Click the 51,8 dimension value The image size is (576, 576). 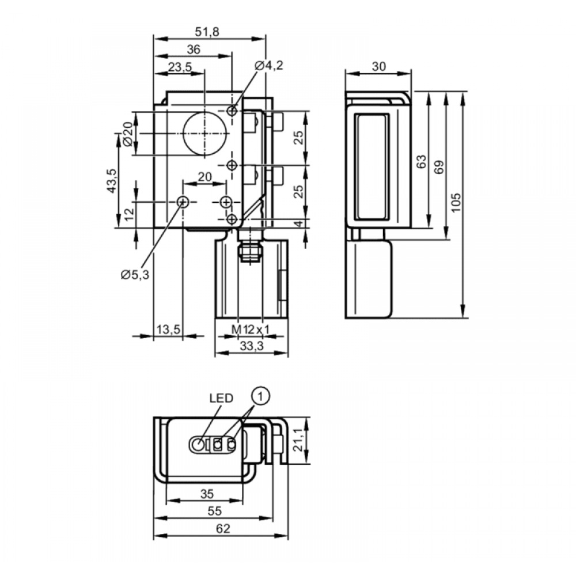point(207,32)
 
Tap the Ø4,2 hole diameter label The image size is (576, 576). point(269,66)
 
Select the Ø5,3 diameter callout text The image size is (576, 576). point(135,274)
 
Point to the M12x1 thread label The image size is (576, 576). point(251,329)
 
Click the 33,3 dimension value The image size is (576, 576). point(252,346)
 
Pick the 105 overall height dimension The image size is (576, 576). point(456,202)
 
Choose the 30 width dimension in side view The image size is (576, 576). point(379,66)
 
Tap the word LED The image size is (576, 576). point(221,398)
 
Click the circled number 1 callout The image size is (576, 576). point(260,396)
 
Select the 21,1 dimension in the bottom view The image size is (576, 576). point(298,439)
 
